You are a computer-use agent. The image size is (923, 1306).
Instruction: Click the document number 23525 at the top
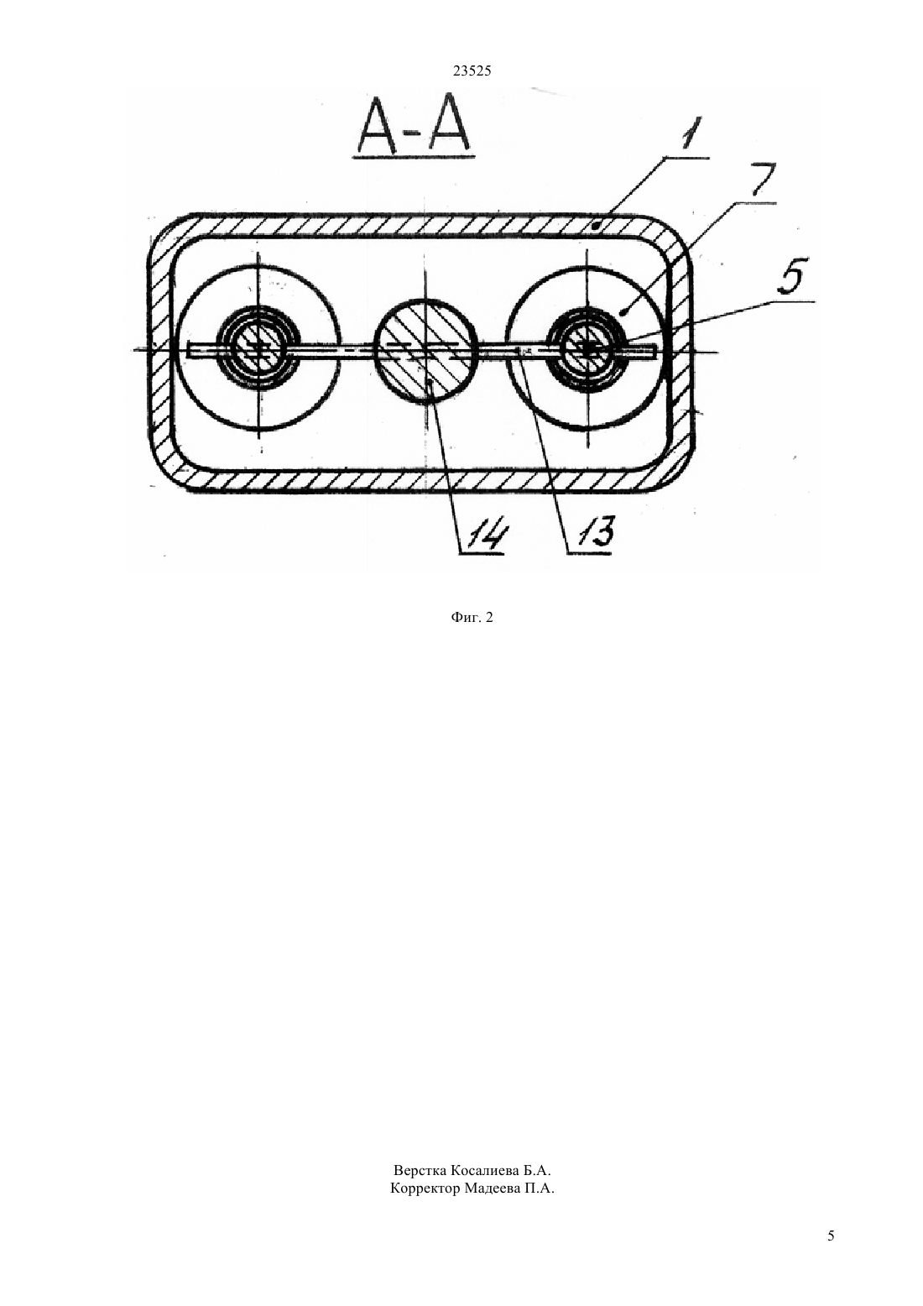[472, 71]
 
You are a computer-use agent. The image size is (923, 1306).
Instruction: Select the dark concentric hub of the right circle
[587, 348]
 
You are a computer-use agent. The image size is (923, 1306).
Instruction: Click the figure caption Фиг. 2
[472, 618]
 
